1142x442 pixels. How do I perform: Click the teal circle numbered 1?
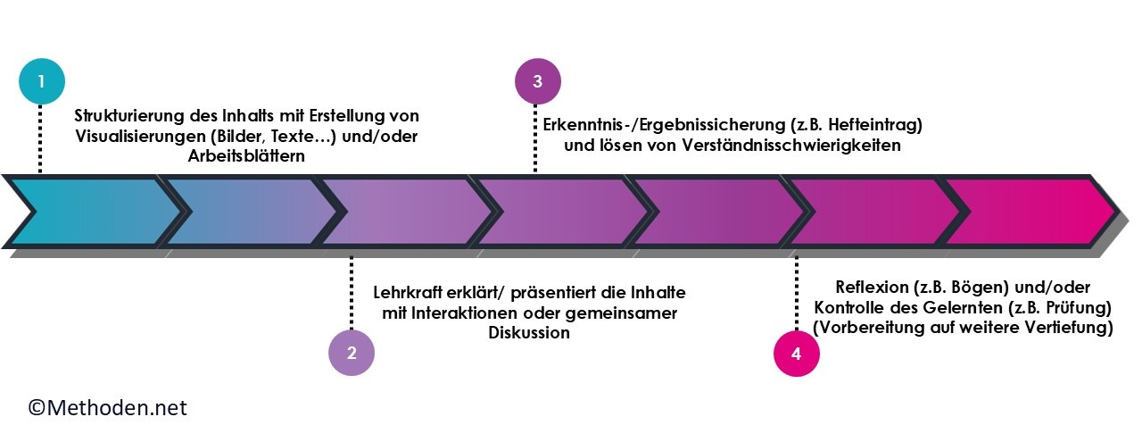tap(42, 81)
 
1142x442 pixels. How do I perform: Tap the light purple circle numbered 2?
tap(352, 353)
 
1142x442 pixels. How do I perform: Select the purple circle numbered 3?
tap(538, 81)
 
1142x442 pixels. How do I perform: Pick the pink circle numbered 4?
tap(797, 354)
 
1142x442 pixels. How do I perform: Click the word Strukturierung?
tap(129, 116)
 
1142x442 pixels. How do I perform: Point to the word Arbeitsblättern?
tap(246, 155)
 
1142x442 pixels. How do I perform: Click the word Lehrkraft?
tap(409, 293)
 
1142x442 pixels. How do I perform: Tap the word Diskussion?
tap(529, 333)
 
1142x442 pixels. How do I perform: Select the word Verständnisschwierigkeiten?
tap(791, 146)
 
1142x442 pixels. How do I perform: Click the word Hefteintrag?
tap(872, 125)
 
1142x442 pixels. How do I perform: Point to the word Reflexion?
tap(872, 288)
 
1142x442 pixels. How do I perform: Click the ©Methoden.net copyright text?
tap(107, 408)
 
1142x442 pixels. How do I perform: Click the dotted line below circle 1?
tap(40, 138)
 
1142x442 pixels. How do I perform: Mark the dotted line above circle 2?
tap(352, 293)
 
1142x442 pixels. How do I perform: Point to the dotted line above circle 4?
tap(797, 294)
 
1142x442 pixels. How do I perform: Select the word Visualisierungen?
tap(140, 137)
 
